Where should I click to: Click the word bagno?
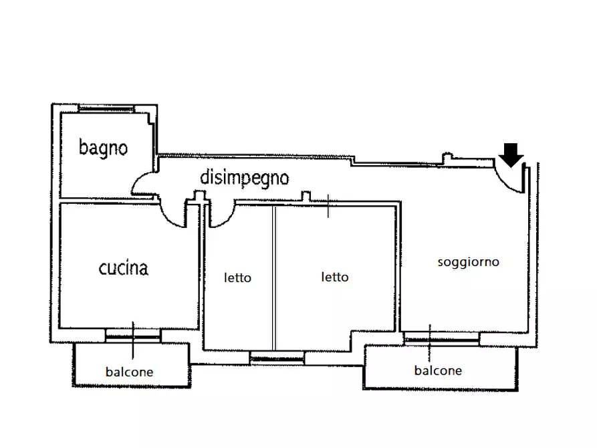(103, 147)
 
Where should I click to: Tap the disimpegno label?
(245, 178)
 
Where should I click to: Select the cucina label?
(124, 269)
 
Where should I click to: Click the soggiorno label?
(468, 262)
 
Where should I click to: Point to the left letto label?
(237, 277)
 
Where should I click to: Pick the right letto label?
(334, 277)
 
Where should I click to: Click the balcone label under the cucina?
(129, 372)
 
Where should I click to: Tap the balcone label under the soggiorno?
(438, 370)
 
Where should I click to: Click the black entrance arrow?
(512, 154)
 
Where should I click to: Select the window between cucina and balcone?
(133, 334)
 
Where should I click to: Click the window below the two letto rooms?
(277, 358)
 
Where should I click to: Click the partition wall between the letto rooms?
(273, 277)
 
